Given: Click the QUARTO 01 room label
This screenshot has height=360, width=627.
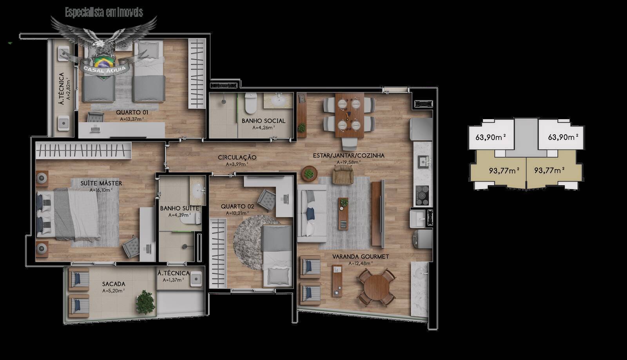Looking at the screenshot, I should (132, 112).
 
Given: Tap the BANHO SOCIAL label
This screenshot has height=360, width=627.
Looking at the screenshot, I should (263, 121).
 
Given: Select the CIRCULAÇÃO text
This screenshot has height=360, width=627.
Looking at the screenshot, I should (237, 157).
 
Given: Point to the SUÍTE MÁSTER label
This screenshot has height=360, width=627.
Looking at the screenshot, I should (101, 183).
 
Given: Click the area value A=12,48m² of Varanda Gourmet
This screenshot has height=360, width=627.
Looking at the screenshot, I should (361, 264).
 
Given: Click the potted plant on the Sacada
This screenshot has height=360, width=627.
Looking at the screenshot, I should (145, 302).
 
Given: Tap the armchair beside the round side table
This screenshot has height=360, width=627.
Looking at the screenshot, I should (343, 174).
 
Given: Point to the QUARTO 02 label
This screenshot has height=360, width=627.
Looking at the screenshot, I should (237, 206).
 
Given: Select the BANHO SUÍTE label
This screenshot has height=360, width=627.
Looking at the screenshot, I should (179, 208).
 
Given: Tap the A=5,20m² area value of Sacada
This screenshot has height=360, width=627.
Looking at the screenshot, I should (114, 291).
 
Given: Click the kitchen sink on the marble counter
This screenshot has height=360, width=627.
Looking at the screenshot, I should (423, 161).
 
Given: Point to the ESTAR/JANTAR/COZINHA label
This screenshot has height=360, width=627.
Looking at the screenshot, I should (348, 156).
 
